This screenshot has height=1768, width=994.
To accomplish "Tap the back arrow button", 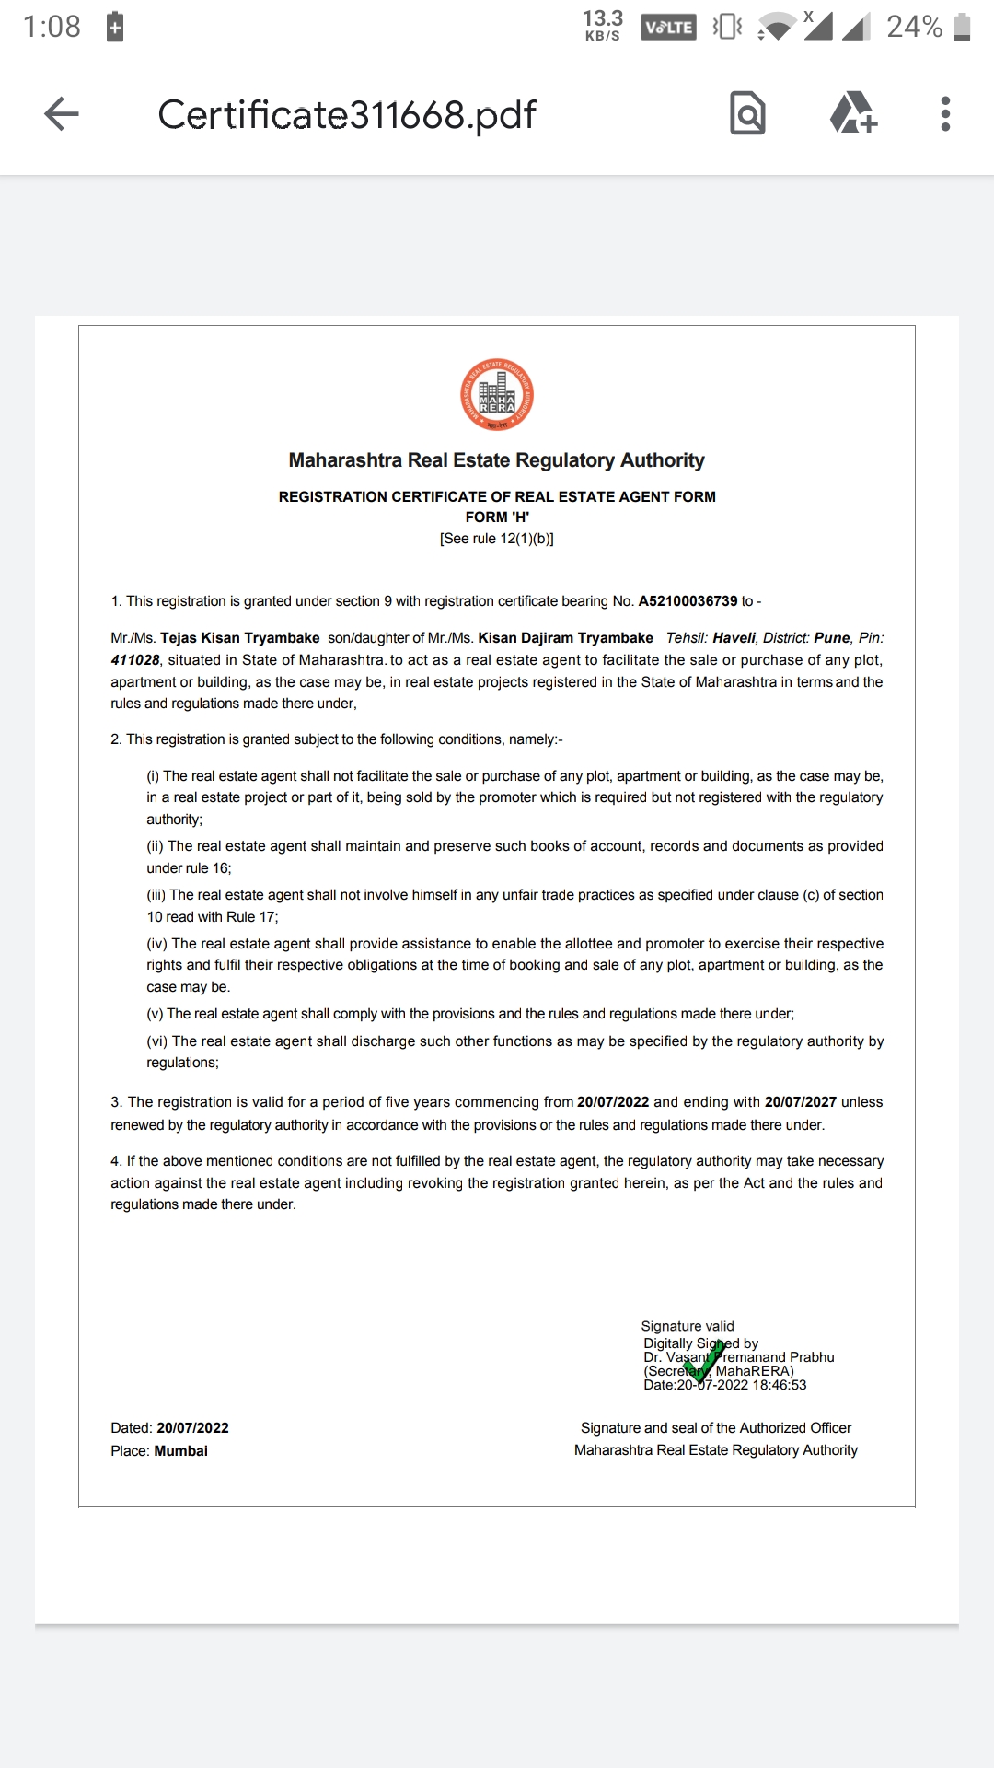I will point(62,114).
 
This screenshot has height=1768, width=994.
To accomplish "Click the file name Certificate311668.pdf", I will point(347,115).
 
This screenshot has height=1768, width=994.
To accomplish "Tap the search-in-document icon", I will point(747,114).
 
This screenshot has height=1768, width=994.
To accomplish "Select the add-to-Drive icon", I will point(853,114).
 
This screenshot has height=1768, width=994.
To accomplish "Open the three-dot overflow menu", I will point(945,114).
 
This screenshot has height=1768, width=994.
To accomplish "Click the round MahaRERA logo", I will point(497,395).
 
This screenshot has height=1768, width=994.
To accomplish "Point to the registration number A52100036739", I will point(688,601).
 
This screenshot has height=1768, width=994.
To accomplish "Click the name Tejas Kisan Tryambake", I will point(240,638).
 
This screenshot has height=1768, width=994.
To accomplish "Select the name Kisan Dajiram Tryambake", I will point(565,638).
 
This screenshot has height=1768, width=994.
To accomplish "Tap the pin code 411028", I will point(135,660).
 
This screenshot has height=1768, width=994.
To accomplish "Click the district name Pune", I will point(832,638).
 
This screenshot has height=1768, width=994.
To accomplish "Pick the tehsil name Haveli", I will point(734,638).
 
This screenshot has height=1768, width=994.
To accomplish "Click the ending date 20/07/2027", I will point(800,1102).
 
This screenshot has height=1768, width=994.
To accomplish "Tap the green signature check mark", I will point(704,1362).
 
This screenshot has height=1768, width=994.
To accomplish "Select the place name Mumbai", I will point(181,1451).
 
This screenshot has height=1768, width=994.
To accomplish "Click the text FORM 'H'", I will point(497,518).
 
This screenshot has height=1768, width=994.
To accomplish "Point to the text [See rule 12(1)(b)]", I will point(497,539).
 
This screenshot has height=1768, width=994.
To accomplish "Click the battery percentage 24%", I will point(914,27).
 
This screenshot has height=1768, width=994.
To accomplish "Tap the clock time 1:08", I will point(52,27).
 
